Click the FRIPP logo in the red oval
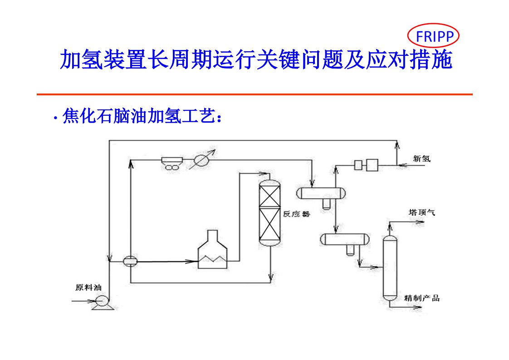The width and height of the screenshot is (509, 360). pyautogui.click(x=434, y=36)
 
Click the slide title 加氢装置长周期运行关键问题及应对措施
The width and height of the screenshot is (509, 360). pyautogui.click(x=256, y=60)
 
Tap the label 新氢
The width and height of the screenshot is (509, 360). pyautogui.click(x=421, y=159)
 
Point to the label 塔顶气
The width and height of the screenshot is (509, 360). pyautogui.click(x=421, y=212)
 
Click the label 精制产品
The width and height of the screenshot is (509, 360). pyautogui.click(x=421, y=298)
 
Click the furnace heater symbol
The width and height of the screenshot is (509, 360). pyautogui.click(x=212, y=250)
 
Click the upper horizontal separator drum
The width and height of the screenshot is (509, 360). pyautogui.click(x=321, y=193)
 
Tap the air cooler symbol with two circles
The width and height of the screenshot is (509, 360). pyautogui.click(x=172, y=163)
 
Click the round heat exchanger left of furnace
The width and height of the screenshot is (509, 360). pyautogui.click(x=130, y=261)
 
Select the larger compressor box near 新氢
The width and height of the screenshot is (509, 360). pyautogui.click(x=372, y=165)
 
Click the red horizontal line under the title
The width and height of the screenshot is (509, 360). pyautogui.click(x=254, y=94)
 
